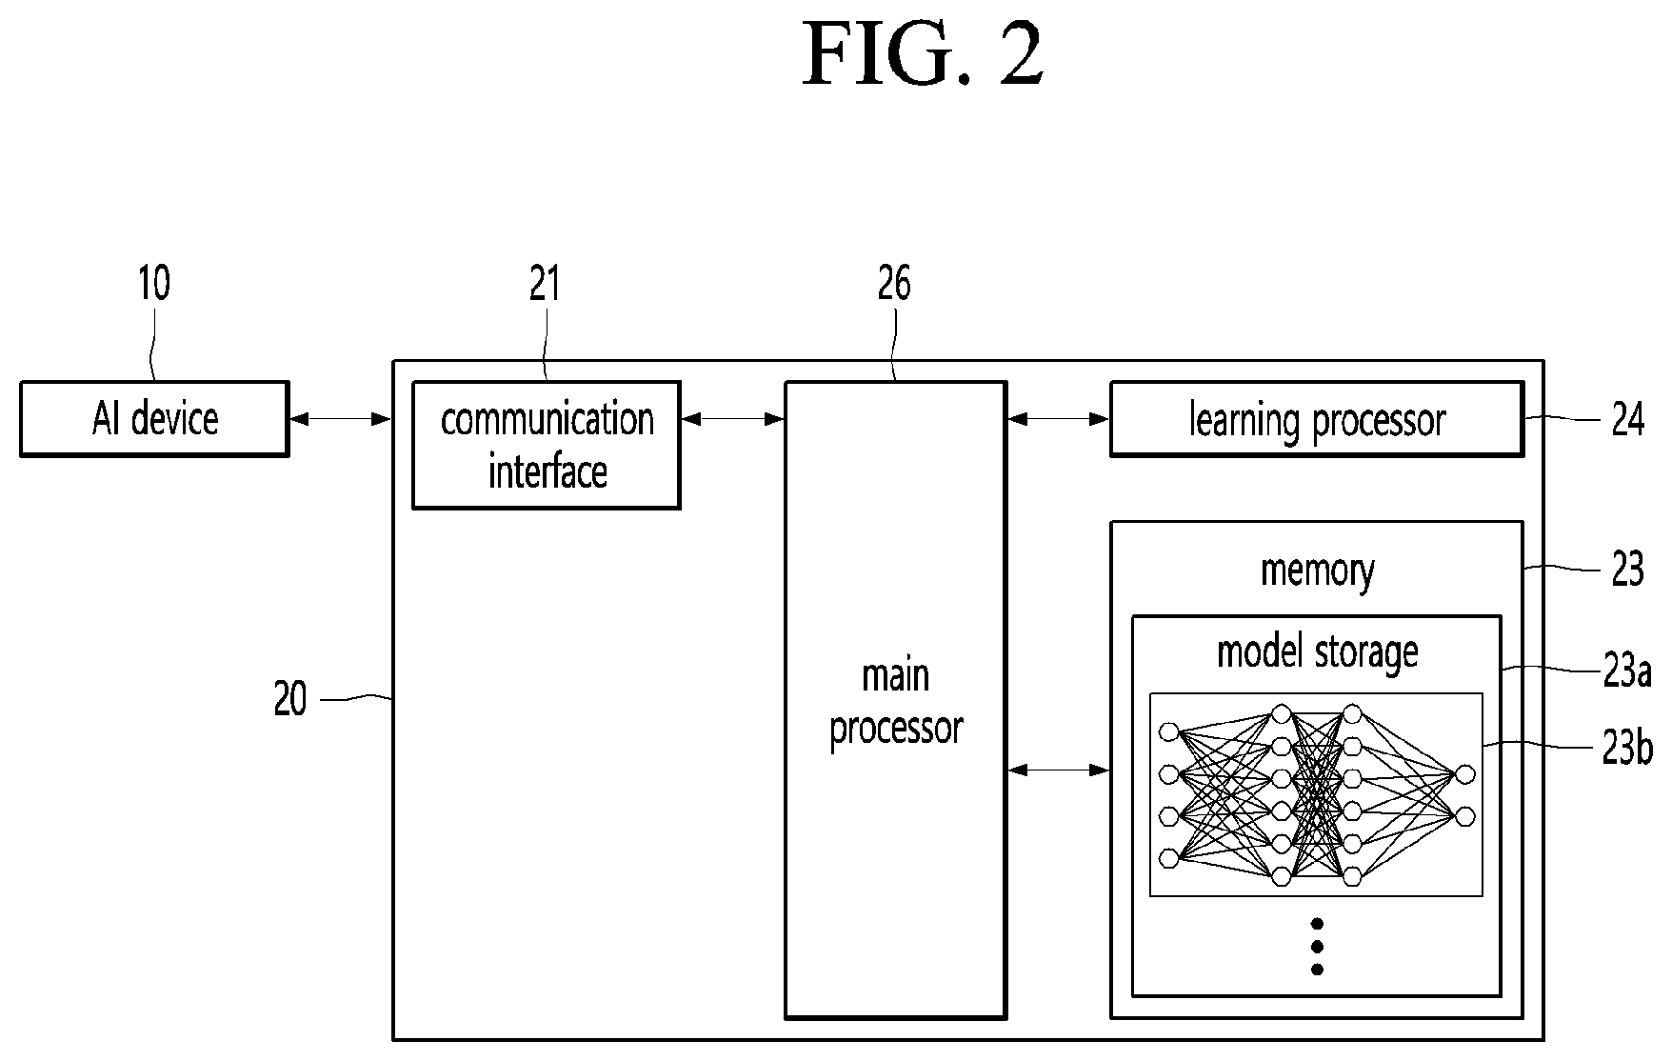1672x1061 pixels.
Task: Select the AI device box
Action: pos(154,419)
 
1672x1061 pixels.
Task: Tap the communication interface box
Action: pos(546,445)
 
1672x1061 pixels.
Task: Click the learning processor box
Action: pos(1317,419)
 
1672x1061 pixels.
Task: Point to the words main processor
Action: pos(896,702)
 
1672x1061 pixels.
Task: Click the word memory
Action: pos(1318,571)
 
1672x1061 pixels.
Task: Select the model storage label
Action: pos(1318,652)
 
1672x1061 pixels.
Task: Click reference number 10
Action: pos(154,283)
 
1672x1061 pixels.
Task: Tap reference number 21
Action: pos(545,283)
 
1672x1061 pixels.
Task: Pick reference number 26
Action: pos(894,283)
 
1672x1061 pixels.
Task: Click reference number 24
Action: pos(1628,419)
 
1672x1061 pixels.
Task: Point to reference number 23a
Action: pos(1626,672)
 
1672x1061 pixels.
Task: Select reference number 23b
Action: pos(1626,749)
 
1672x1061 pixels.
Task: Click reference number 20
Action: pos(290,700)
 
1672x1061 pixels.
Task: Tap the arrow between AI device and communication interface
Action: pos(341,418)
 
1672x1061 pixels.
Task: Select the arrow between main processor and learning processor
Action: pos(1059,418)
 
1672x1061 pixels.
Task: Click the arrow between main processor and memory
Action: pos(1059,770)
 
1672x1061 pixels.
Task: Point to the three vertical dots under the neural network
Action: pos(1318,946)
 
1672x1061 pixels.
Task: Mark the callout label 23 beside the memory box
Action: pos(1628,571)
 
